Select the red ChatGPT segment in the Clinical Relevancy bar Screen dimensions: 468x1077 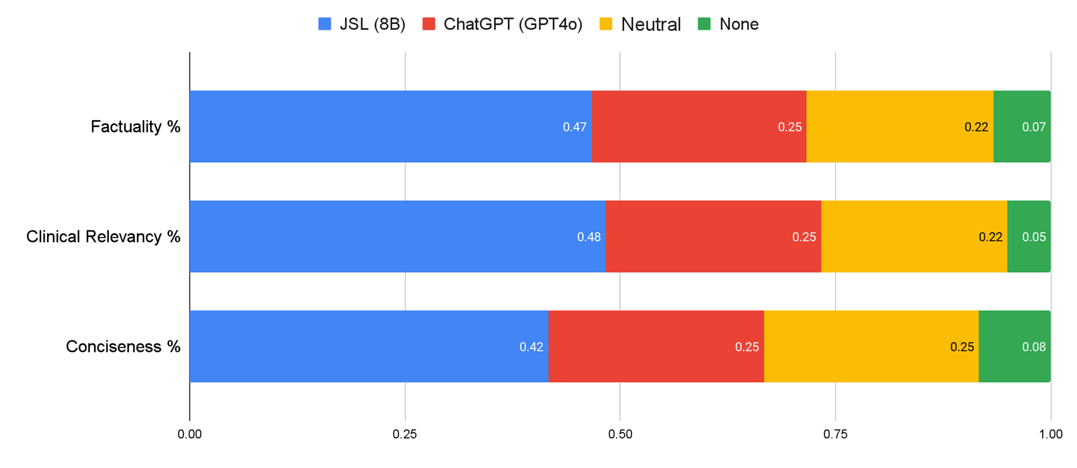coord(713,237)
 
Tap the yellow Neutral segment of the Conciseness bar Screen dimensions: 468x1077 coord(870,347)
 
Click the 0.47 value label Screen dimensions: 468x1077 coord(574,127)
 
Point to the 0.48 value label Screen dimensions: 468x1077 coord(589,237)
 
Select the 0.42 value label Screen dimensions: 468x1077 coord(531,347)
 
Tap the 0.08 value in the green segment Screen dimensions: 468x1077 coord(1033,347)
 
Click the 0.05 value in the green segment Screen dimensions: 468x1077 coord(1033,237)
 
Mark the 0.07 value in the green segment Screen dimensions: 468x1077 coord(1033,127)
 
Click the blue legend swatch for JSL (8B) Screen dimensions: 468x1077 coord(325,24)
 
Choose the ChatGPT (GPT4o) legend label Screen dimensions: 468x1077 coord(512,24)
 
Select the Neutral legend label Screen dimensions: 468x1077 coord(651,25)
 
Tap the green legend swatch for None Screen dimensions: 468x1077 coord(704,24)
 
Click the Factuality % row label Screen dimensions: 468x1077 coord(136,127)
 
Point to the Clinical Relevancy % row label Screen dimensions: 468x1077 coord(103,237)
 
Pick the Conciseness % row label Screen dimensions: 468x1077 coord(123,347)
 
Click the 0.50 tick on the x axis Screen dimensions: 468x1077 coord(620,434)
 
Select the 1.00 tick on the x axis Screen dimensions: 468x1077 coord(1051,434)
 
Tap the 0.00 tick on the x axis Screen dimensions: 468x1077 coord(190,434)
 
